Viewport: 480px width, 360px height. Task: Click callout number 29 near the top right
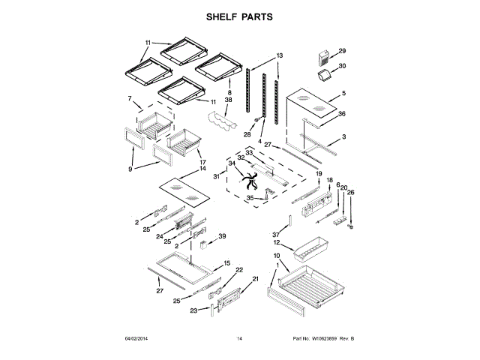pos(343,51)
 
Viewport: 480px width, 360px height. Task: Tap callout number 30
pos(343,66)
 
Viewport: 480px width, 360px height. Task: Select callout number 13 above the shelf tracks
pos(280,56)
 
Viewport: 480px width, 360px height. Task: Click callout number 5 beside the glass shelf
pos(344,94)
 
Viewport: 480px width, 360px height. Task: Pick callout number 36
pos(341,114)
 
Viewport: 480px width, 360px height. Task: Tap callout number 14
pos(202,169)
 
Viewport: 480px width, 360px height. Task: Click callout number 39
pos(221,237)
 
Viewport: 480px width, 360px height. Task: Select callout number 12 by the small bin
pos(277,243)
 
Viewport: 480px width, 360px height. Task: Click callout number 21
pos(254,279)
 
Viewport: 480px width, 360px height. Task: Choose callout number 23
pos(193,310)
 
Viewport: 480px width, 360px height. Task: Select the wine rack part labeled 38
pos(221,121)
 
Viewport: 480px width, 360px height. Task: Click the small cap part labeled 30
pos(325,77)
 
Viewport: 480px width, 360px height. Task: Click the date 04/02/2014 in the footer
pos(139,340)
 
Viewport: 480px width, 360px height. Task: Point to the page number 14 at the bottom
pos(240,340)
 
